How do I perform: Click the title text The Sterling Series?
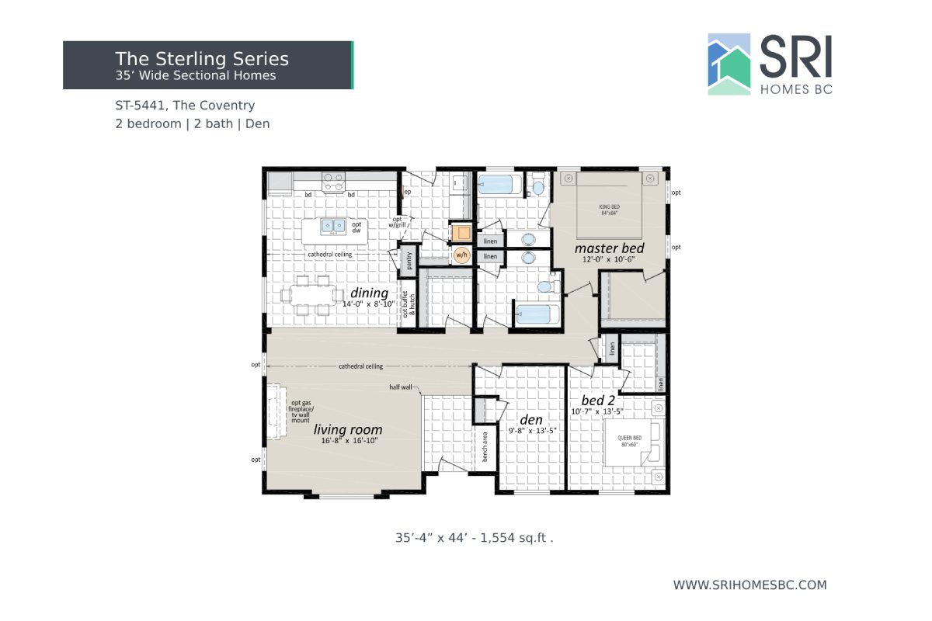coord(202,59)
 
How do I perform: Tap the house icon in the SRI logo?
coord(729,64)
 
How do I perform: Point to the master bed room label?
coord(609,248)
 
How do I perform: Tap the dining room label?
coord(369,293)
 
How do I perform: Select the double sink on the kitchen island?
coord(335,226)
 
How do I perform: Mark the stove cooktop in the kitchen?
coord(334,182)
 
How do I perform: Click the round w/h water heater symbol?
coord(461,254)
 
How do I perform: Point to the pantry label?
coord(409,261)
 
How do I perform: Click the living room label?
coord(348,429)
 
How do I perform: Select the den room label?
coord(530,419)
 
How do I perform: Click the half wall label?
coord(401,387)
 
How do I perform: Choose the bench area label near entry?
coord(485,446)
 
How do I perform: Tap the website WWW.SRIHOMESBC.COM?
coord(749,585)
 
